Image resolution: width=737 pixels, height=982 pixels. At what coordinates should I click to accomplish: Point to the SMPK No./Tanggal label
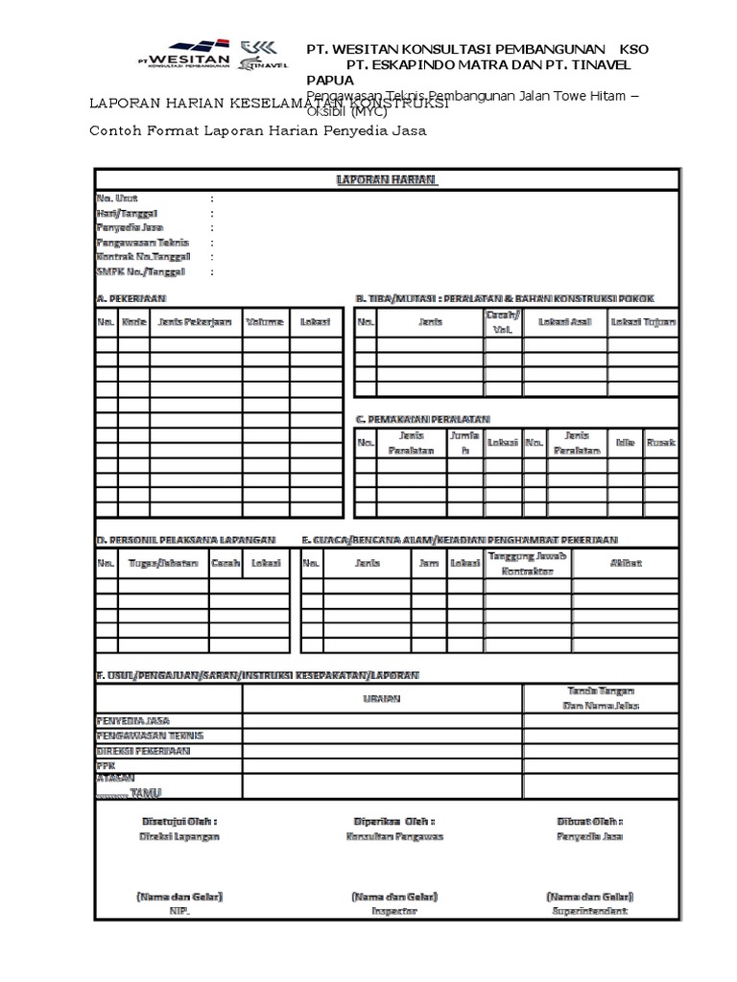(140, 271)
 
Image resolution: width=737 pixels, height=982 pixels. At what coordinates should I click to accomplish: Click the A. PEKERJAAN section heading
(138, 298)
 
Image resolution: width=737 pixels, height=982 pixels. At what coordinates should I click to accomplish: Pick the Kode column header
(134, 322)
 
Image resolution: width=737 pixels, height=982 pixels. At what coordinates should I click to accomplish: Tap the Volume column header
(264, 322)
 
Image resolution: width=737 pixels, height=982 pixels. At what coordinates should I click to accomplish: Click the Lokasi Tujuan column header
(643, 322)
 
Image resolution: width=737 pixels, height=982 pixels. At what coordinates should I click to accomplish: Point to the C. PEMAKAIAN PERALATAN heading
(423, 419)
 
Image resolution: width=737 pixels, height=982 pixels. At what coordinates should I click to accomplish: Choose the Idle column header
(625, 443)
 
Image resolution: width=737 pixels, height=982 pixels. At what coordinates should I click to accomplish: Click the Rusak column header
(661, 443)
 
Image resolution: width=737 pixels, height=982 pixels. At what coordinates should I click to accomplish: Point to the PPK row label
(105, 766)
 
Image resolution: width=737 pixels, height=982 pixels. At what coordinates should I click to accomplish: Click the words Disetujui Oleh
(178, 822)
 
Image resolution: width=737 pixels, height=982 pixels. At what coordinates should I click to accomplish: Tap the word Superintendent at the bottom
(590, 910)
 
